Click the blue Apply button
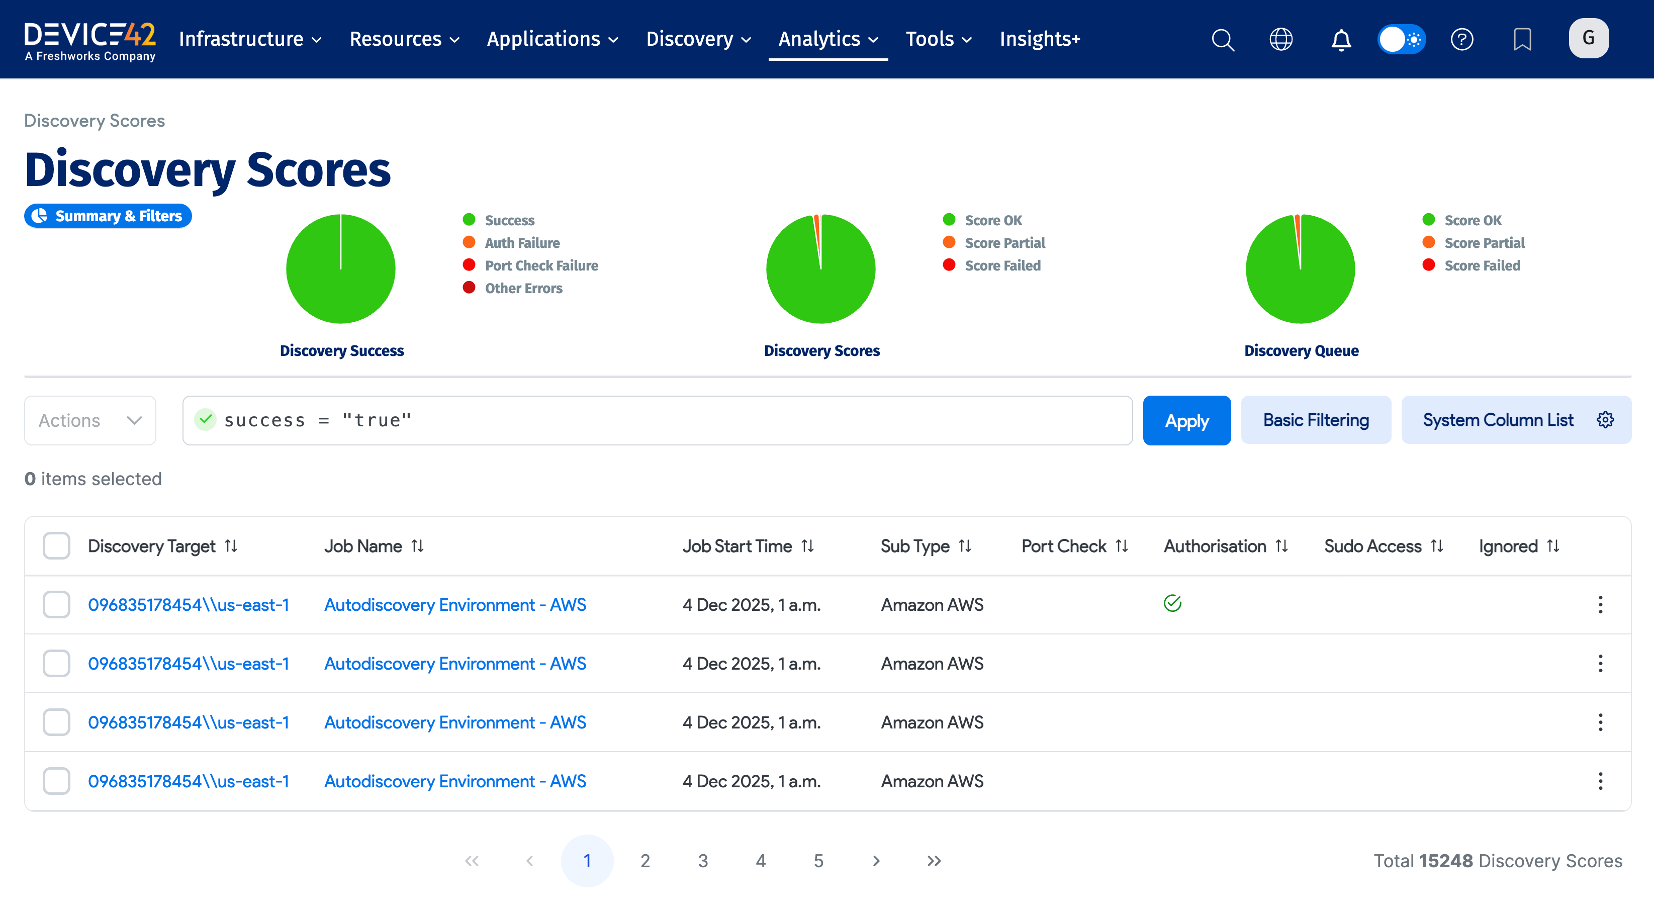pyautogui.click(x=1186, y=420)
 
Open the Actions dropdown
pyautogui.click(x=90, y=420)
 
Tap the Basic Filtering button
pyautogui.click(x=1316, y=420)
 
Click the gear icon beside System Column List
pyautogui.click(x=1605, y=420)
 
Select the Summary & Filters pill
pyautogui.click(x=108, y=216)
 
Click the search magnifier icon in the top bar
pyautogui.click(x=1223, y=39)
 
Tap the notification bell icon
pyautogui.click(x=1341, y=39)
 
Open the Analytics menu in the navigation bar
pyautogui.click(x=828, y=39)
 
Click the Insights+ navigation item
pyautogui.click(x=1040, y=39)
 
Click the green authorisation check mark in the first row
pyautogui.click(x=1172, y=603)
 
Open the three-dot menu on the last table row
pyautogui.click(x=1600, y=781)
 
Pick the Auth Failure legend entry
pyautogui.click(x=521, y=243)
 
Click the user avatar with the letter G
pyautogui.click(x=1589, y=39)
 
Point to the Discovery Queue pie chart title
pyautogui.click(x=1301, y=350)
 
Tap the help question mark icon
pyautogui.click(x=1461, y=39)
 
